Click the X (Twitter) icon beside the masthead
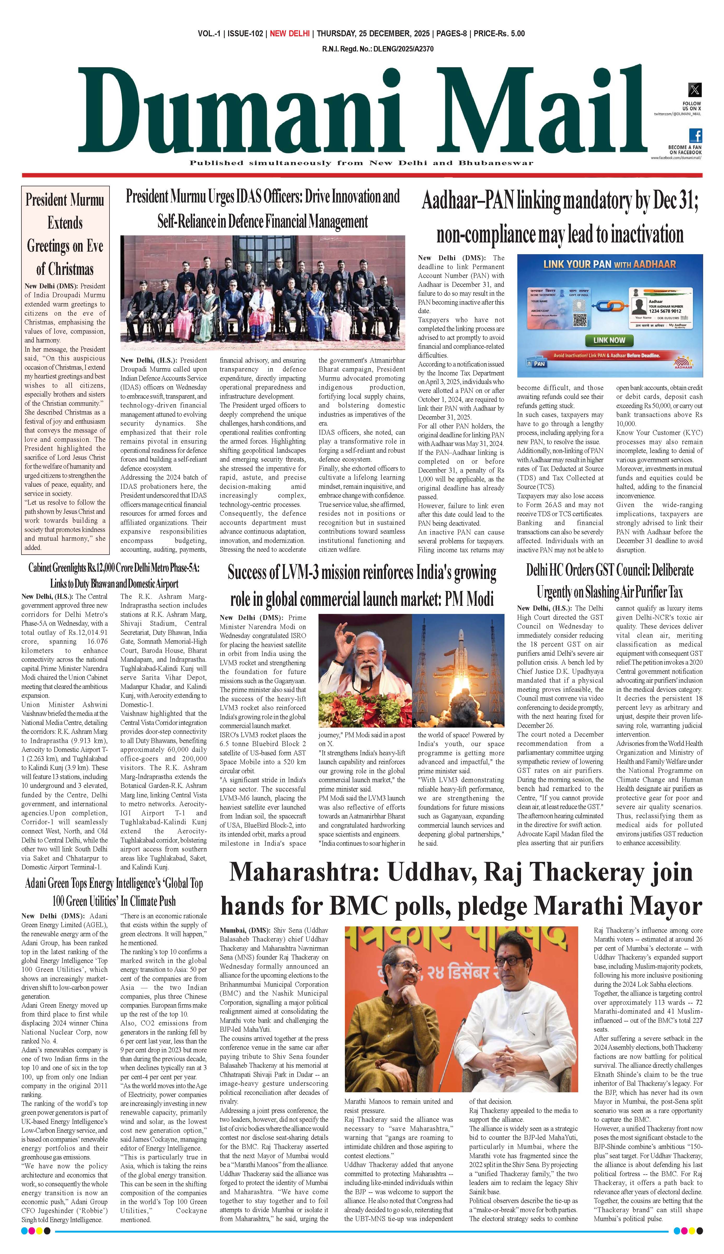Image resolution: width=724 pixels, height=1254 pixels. pos(695,90)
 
